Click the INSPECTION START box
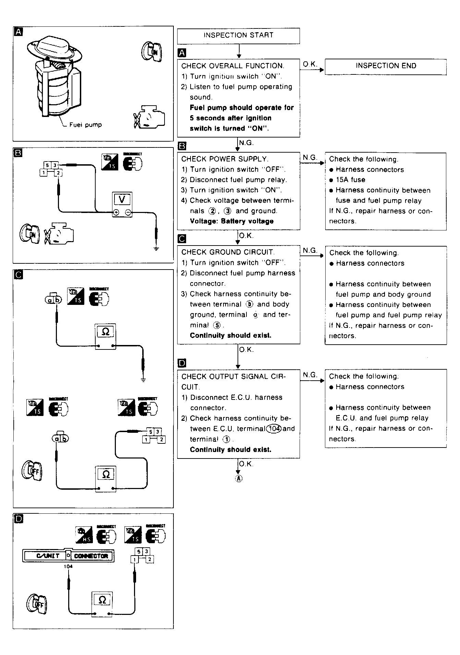(x=238, y=35)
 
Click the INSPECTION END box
(x=386, y=66)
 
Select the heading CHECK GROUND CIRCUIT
(x=228, y=252)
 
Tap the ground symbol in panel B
(x=156, y=248)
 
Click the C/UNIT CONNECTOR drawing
(x=68, y=556)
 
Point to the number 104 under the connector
(x=68, y=567)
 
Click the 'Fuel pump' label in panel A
(x=85, y=125)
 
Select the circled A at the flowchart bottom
(x=239, y=479)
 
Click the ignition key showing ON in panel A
(x=152, y=51)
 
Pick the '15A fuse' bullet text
(x=350, y=180)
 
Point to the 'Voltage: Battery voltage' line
(x=232, y=221)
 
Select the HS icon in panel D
(x=84, y=536)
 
